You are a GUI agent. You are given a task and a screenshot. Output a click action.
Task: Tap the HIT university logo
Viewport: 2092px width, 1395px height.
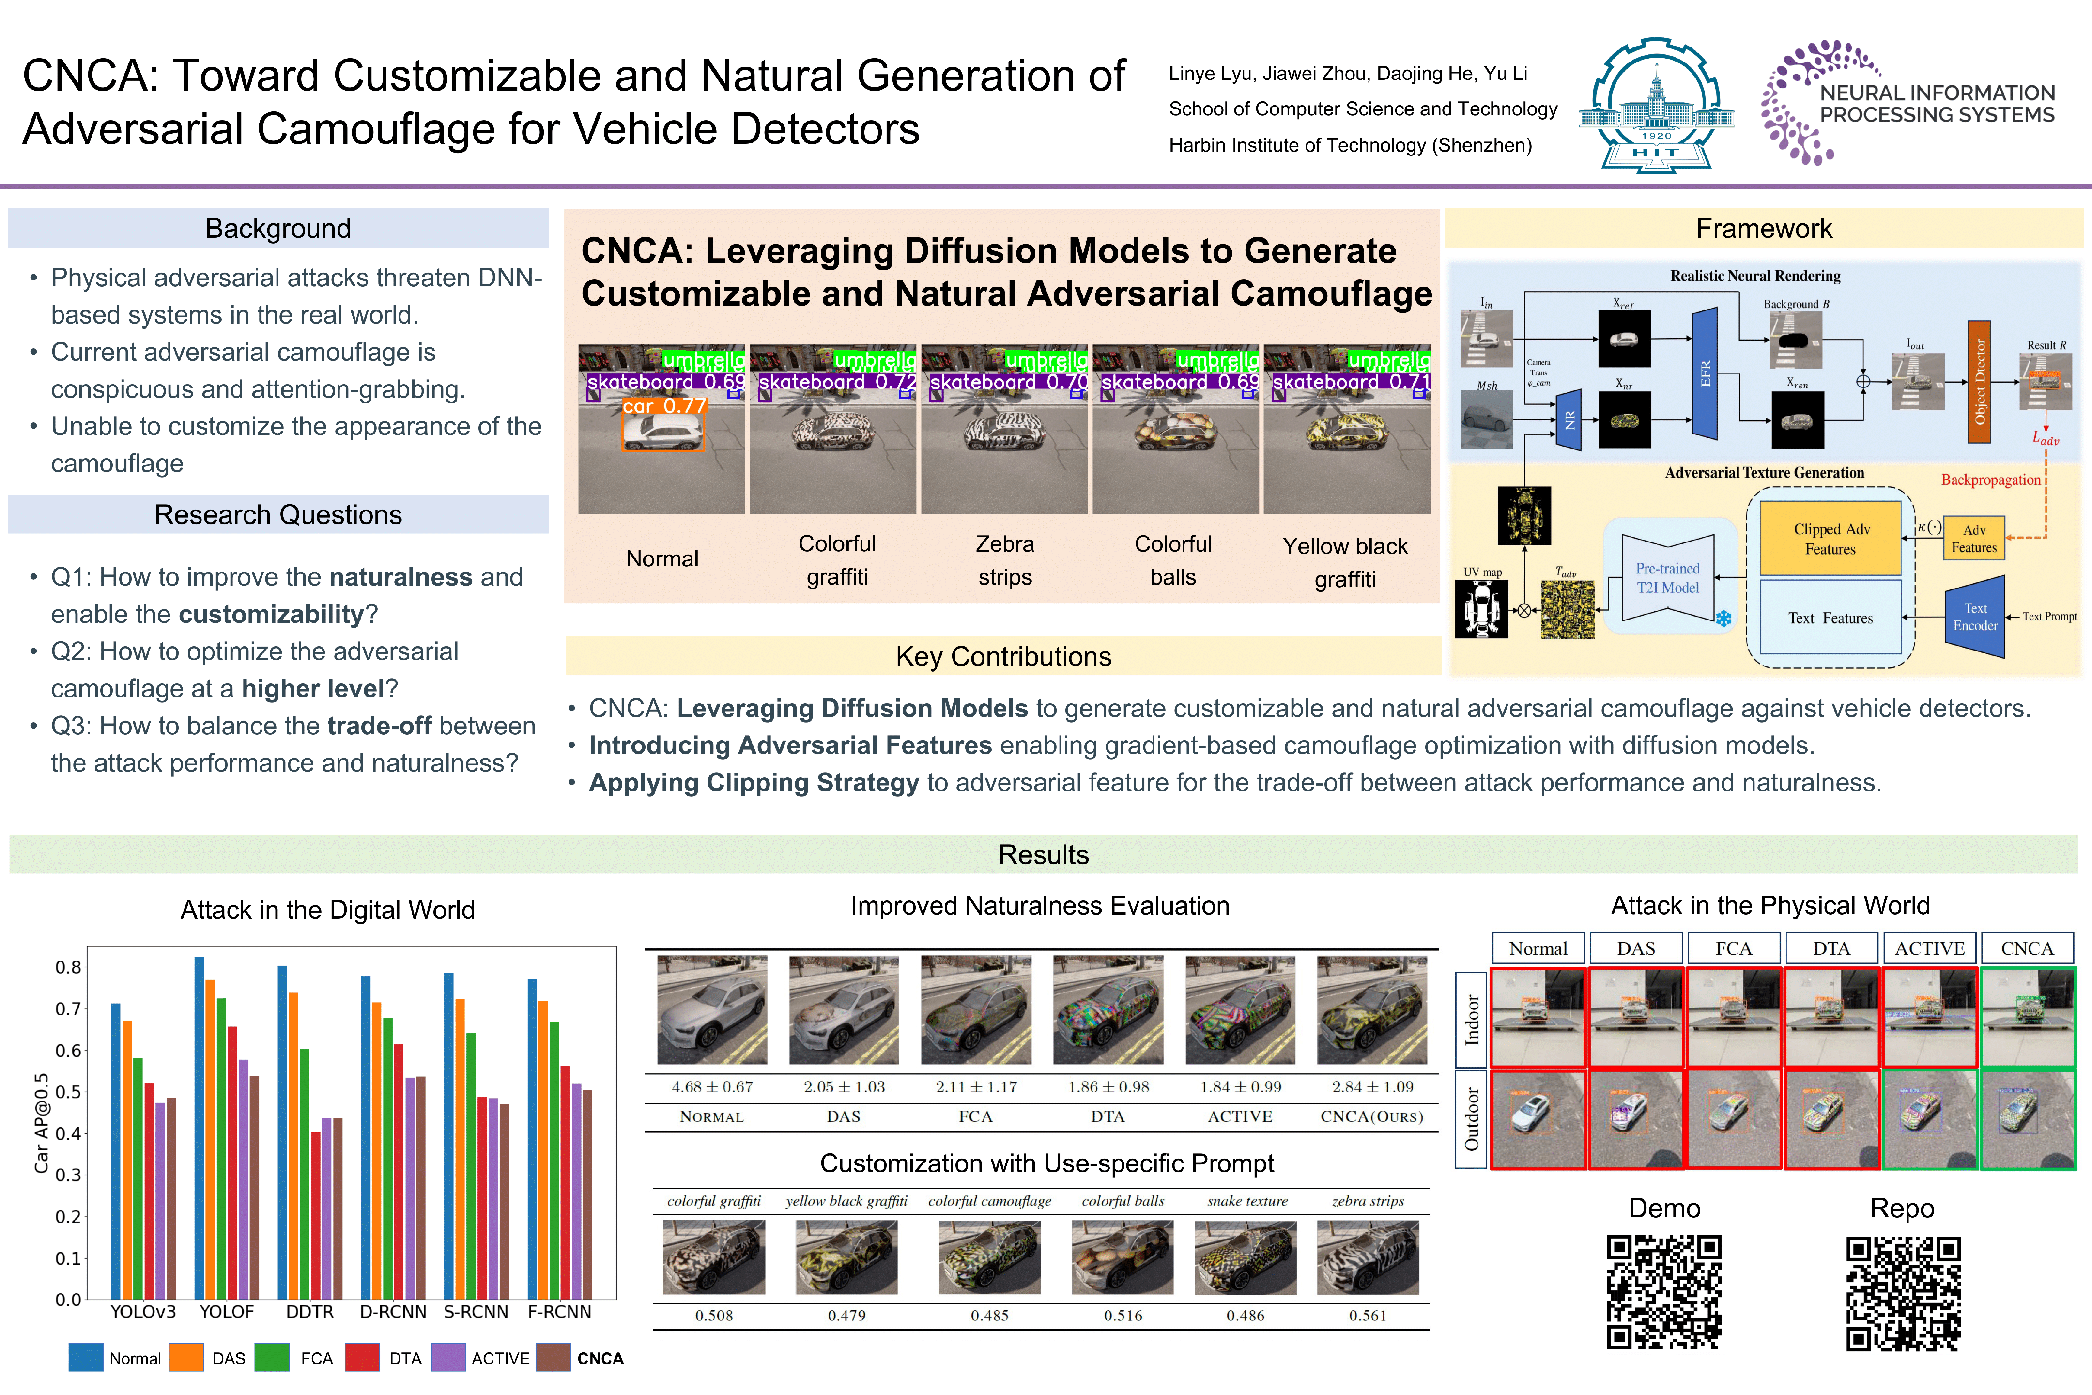pos(1656,105)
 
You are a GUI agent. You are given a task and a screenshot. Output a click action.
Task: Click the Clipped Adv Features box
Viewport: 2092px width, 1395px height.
pos(1830,538)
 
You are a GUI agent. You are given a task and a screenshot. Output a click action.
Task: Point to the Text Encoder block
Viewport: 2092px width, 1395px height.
pos(1975,617)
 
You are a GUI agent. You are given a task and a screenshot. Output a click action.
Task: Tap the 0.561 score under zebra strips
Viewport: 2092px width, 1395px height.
pos(1367,1315)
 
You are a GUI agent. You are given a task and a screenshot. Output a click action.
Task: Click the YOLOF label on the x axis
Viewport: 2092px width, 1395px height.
pos(226,1311)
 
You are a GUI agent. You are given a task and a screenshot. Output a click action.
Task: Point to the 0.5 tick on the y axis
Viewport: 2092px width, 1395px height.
pos(68,1092)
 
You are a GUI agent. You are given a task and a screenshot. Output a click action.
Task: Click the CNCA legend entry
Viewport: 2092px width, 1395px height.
pos(600,1358)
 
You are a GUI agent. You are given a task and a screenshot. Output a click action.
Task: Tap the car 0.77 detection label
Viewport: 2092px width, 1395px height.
pos(663,406)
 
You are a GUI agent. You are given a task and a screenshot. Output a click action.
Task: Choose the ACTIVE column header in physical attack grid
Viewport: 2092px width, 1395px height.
pos(1929,948)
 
